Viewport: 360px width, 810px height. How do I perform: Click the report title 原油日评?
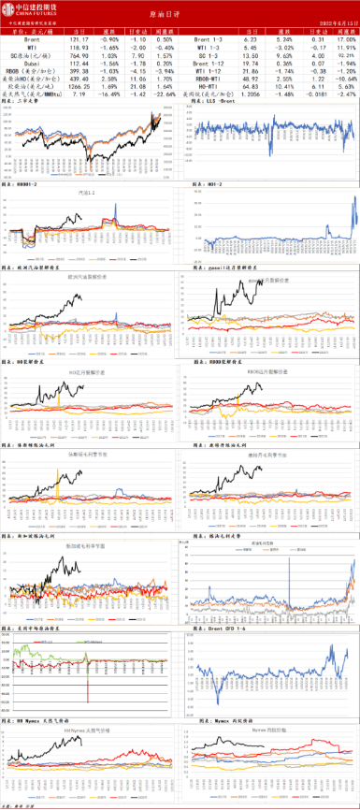coord(180,16)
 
